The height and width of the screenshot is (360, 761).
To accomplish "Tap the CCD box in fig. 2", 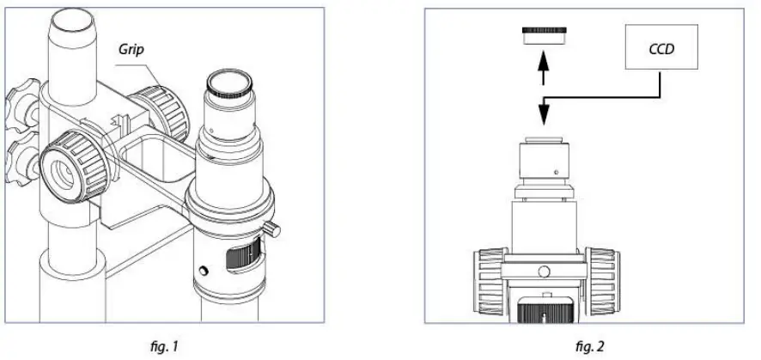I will (x=662, y=48).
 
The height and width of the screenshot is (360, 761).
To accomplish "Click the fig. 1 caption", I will (x=163, y=347).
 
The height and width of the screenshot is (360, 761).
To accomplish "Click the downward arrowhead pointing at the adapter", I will (x=542, y=116).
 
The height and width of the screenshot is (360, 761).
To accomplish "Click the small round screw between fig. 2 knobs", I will (x=545, y=273).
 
